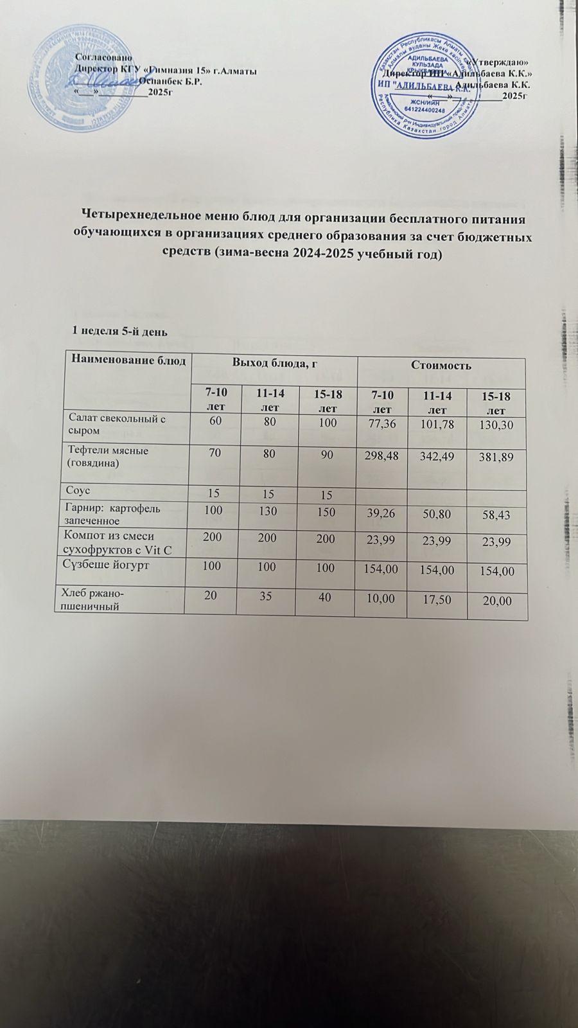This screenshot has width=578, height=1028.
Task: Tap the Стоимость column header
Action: tap(441, 366)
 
